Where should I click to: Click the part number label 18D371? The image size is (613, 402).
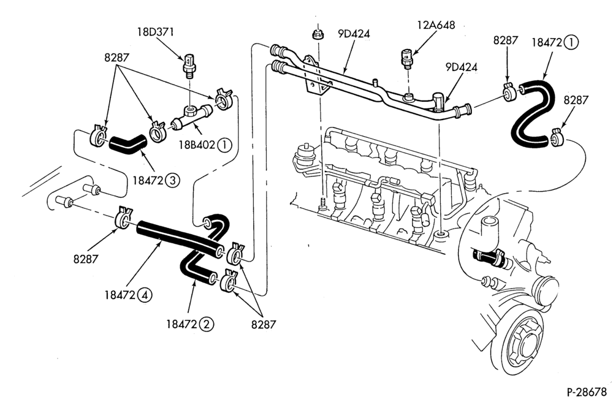click(x=155, y=32)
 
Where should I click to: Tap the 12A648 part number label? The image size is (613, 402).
click(x=436, y=25)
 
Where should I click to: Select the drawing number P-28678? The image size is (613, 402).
click(x=587, y=391)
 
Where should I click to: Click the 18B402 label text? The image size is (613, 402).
click(x=197, y=145)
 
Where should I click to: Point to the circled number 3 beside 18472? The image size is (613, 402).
click(x=172, y=180)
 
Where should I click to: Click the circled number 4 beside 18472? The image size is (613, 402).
click(x=145, y=295)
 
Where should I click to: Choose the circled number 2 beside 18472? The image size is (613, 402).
click(x=207, y=324)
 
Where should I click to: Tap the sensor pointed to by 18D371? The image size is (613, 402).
click(x=189, y=64)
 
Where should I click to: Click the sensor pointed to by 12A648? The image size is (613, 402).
click(x=406, y=59)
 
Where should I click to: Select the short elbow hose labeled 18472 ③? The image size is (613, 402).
click(x=127, y=144)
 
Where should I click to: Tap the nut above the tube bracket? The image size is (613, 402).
click(x=317, y=34)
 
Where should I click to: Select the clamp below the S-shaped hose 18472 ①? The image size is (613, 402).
click(x=557, y=137)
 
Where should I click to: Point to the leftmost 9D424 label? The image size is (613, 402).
click(x=354, y=34)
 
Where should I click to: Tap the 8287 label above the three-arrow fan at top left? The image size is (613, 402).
click(x=116, y=58)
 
